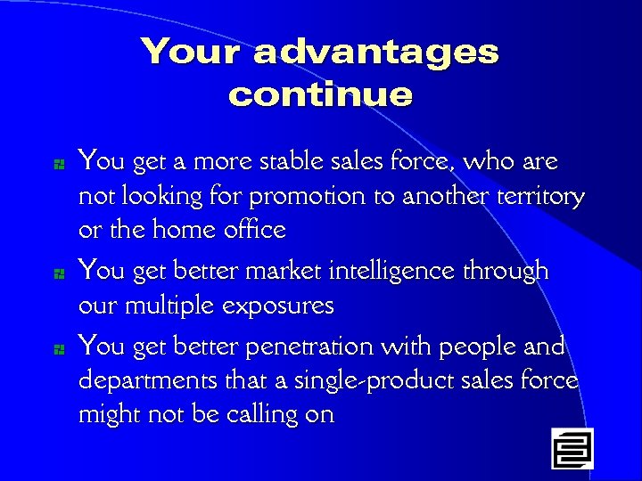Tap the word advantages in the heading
pyautogui.click(x=375, y=53)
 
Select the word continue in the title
pyautogui.click(x=320, y=94)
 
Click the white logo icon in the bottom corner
pyautogui.click(x=572, y=448)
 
